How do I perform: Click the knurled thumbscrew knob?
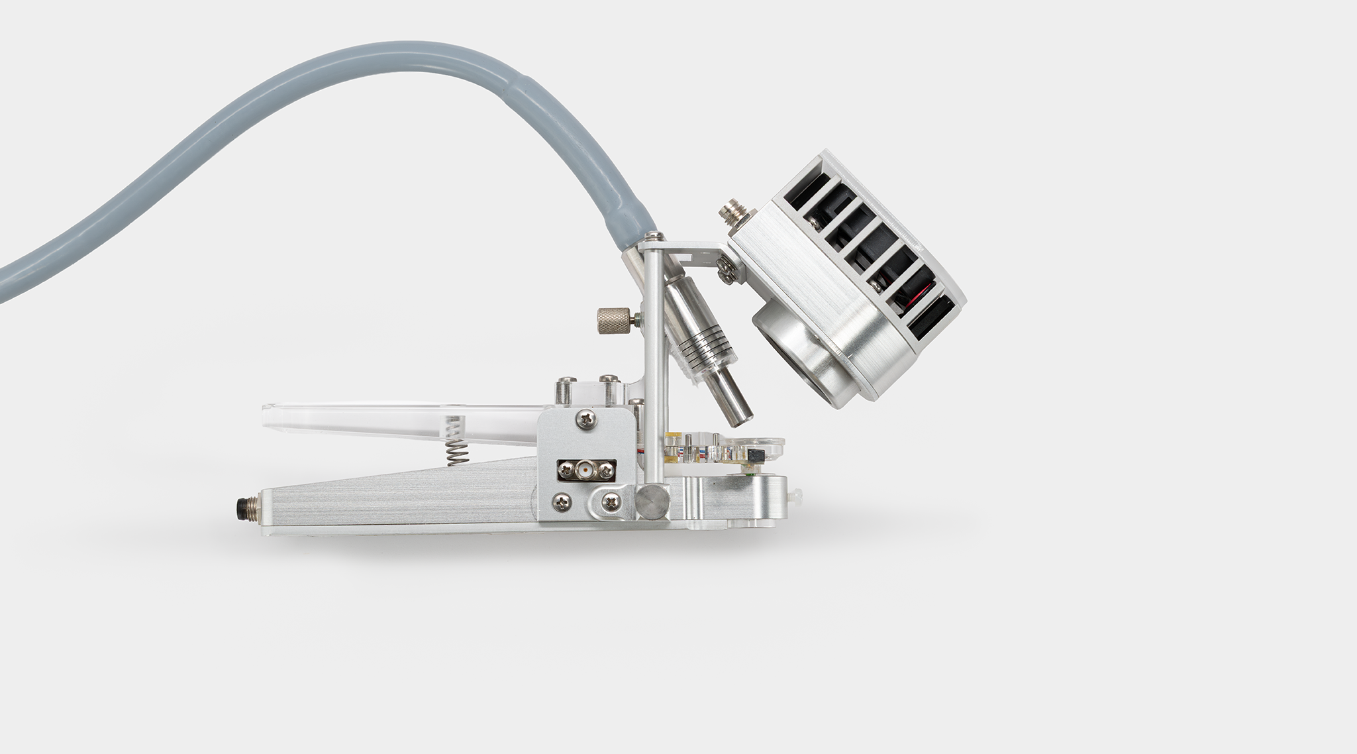tap(613, 321)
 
